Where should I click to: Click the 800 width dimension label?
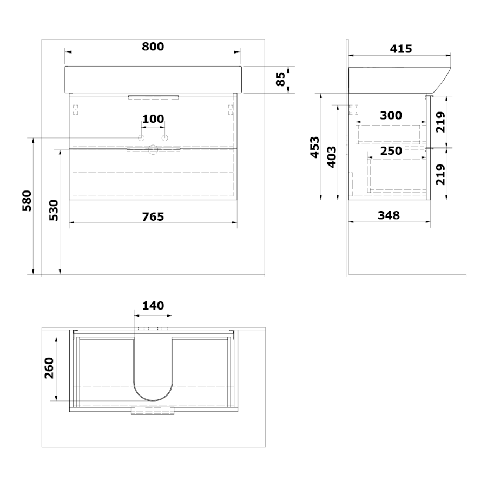pyautogui.click(x=153, y=47)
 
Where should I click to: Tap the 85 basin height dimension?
pyautogui.click(x=280, y=79)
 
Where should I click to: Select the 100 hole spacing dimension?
pyautogui.click(x=153, y=119)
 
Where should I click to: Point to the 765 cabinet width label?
pyautogui.click(x=153, y=217)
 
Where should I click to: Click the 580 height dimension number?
pyautogui.click(x=27, y=201)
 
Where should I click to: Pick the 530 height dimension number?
pyautogui.click(x=54, y=210)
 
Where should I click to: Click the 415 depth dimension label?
pyautogui.click(x=400, y=49)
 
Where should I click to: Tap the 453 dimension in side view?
pyautogui.click(x=315, y=147)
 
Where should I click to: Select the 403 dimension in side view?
pyautogui.click(x=332, y=157)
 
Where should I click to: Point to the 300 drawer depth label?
pyautogui.click(x=391, y=116)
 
